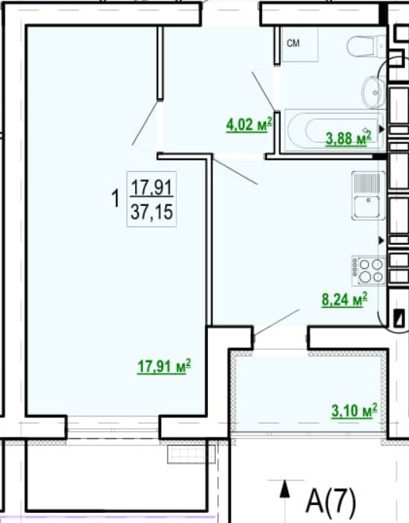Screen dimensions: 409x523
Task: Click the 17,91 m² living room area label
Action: (165, 367)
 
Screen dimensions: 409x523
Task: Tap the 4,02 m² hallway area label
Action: (249, 125)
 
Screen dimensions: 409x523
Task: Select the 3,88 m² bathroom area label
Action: (348, 138)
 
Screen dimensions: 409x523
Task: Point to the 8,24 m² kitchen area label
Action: (345, 299)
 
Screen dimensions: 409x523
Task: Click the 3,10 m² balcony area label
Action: (355, 410)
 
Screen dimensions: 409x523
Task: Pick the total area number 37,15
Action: (152, 212)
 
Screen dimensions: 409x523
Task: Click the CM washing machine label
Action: (293, 43)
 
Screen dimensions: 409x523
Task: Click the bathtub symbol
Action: (334, 130)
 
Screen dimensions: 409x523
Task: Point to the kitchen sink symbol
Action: (369, 196)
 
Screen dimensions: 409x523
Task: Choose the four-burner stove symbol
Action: (369, 270)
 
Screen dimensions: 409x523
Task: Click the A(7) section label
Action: (331, 501)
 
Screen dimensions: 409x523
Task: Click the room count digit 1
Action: (116, 198)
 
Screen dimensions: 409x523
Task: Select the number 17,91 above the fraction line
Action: (152, 187)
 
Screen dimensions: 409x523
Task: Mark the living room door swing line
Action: (145, 123)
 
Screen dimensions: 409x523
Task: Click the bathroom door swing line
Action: (263, 90)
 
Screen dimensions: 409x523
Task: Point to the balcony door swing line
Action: (276, 323)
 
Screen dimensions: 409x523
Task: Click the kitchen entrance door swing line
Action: (234, 172)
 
